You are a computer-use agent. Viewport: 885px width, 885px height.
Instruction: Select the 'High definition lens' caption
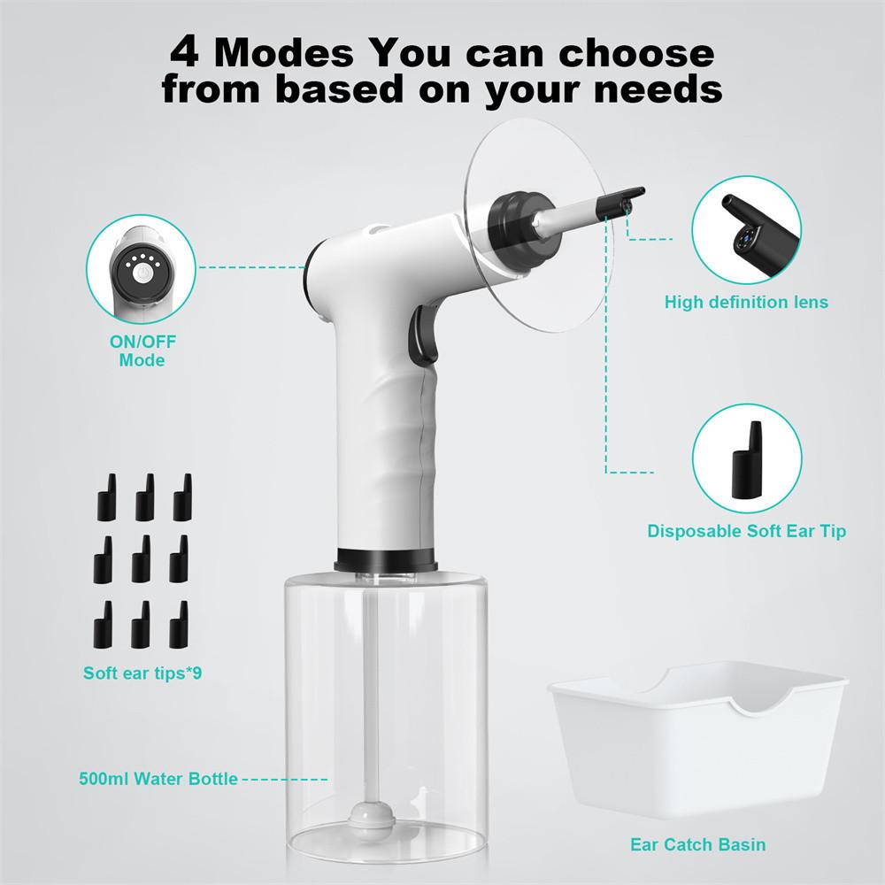pos(746,302)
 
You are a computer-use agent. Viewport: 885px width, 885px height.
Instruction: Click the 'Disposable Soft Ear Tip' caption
pos(746,531)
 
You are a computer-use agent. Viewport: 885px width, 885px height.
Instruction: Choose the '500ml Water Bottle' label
pos(157,779)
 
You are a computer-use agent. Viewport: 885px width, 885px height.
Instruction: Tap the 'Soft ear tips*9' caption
pos(142,673)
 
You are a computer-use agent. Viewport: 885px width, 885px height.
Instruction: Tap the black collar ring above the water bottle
pos(386,560)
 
